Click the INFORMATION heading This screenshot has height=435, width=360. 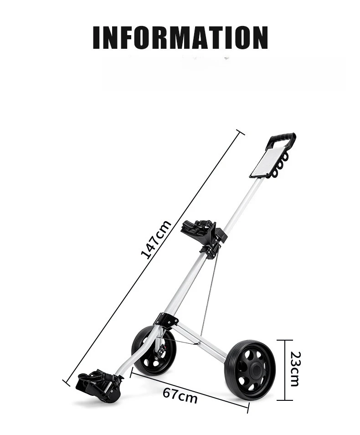click(180, 37)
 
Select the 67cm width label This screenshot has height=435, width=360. click(180, 395)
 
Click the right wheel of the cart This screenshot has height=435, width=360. click(249, 369)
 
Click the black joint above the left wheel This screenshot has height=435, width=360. click(165, 320)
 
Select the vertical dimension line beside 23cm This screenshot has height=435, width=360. click(285, 369)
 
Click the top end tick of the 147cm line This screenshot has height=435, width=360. click(240, 132)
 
